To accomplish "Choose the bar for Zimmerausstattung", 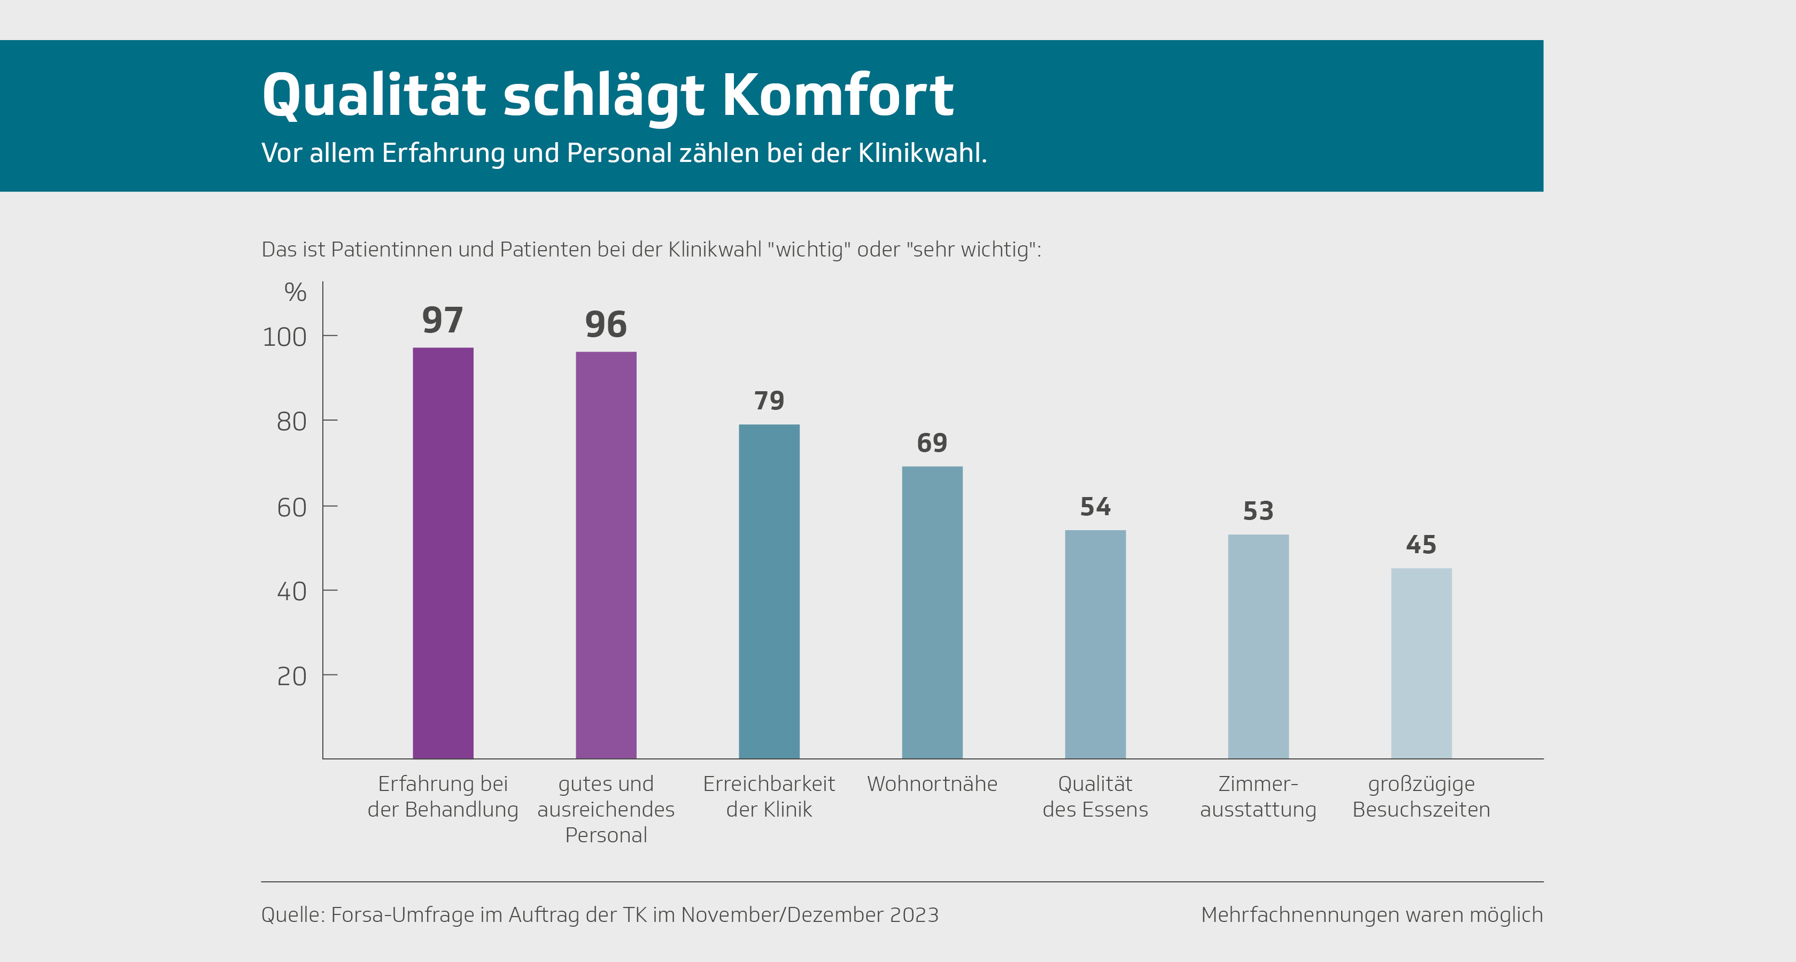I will coord(1258,646).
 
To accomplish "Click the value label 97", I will coord(443,320).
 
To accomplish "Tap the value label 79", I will coord(769,401).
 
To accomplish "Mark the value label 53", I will coord(1258,511).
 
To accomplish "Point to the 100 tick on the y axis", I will coord(284,337).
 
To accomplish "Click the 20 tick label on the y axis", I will coord(291,676).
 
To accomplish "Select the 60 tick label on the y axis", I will coord(291,508).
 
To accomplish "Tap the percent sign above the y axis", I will coord(295,292).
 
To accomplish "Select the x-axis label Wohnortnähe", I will coord(932,783).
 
